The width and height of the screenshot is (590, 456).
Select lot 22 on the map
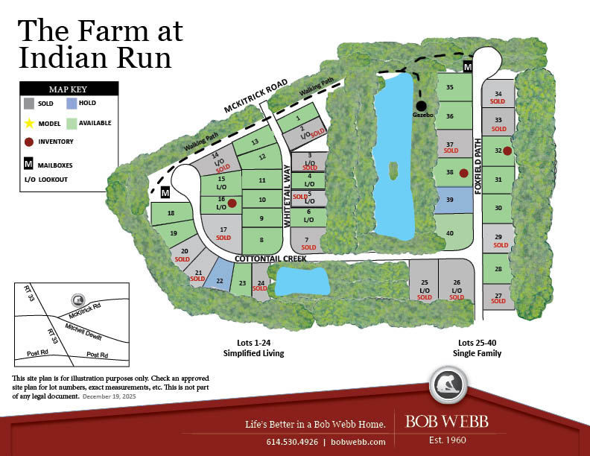[x=219, y=277]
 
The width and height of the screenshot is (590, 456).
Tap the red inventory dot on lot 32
[x=507, y=151]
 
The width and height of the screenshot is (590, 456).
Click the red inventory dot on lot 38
[x=463, y=173]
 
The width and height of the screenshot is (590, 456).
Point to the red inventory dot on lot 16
[x=232, y=203]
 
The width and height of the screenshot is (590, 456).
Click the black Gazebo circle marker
[x=422, y=106]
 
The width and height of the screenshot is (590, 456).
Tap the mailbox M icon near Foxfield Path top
[x=468, y=67]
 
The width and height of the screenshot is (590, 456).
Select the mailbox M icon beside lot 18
[x=165, y=193]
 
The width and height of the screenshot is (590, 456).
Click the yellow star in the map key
[x=29, y=123]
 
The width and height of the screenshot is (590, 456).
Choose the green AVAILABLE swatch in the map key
[x=72, y=123]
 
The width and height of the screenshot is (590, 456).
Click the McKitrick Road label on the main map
[x=256, y=98]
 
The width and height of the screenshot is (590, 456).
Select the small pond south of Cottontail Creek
[x=302, y=282]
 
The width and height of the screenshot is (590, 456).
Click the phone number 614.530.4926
[x=291, y=442]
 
